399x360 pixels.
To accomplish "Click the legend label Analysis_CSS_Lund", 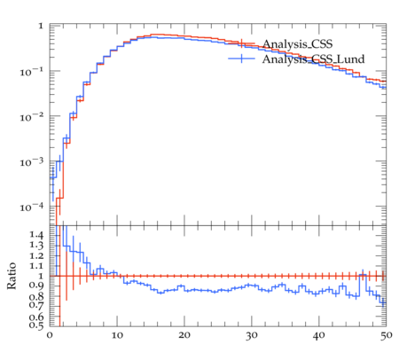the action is [313, 59].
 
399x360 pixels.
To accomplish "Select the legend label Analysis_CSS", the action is [297, 44].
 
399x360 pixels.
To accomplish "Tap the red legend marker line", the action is [241, 43].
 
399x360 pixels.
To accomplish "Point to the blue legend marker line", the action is [241, 59].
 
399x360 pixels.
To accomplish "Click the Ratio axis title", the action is [12, 276].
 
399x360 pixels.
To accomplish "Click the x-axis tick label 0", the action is [50, 335].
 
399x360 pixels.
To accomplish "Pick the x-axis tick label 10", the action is [117, 335].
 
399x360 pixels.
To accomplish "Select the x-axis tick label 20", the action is [184, 335].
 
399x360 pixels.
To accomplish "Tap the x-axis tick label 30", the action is [252, 335].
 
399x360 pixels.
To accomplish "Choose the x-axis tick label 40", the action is [319, 335].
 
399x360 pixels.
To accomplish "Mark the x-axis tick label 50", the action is [386, 335].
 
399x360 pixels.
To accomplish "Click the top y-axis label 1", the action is [41, 27].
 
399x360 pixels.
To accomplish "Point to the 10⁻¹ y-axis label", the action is [32, 71].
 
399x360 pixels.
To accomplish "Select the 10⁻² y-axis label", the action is [32, 117].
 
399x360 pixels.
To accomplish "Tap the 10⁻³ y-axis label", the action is [32, 162].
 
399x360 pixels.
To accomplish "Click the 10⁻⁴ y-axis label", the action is [32, 207].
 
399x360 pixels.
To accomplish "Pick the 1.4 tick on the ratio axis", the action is [36, 235].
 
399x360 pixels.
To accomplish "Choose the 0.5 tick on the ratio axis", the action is [36, 325].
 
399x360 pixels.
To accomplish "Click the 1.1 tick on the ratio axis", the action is [36, 266].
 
